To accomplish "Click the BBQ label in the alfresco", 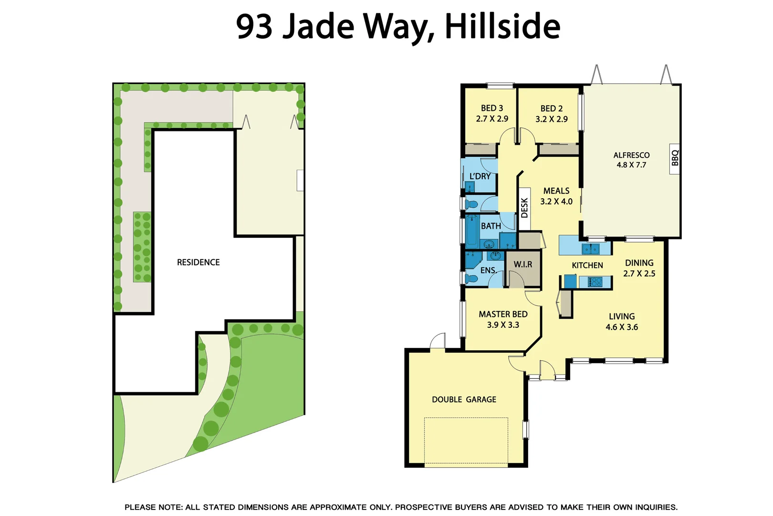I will pos(675,158).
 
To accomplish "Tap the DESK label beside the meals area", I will pos(524,208).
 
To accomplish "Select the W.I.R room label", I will pos(523,264).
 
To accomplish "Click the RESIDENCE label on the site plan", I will pos(198,262).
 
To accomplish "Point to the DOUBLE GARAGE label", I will pos(464,399).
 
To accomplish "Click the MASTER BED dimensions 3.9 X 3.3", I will pos(503,325).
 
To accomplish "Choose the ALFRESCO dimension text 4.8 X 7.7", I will pos(631,165).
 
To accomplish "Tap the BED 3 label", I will pos(492,108).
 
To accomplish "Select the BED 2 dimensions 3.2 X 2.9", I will pos(552,119).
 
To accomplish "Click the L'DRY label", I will pos(480,176).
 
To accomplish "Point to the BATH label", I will pos(491,226).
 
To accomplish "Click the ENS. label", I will pos(488,270).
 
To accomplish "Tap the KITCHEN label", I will pos(587,265).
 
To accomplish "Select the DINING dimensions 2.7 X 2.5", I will pos(639,274).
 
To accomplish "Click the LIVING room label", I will pos(622,316).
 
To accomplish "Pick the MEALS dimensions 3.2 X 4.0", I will pos(556,202).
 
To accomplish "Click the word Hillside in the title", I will pos(502,26).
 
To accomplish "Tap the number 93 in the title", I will pos(254,26).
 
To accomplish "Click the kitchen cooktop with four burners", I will pos(596,282).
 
